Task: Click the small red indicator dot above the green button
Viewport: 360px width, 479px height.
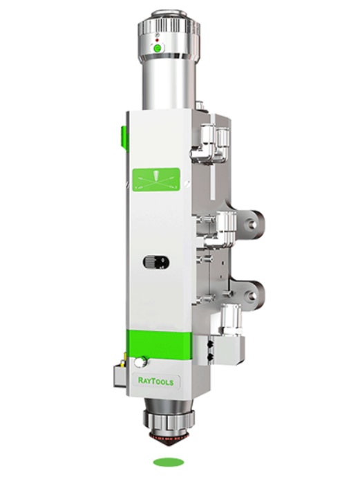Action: [x=158, y=40]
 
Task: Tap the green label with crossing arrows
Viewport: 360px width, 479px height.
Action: [x=156, y=180]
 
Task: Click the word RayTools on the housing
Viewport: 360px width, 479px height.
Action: [x=155, y=382]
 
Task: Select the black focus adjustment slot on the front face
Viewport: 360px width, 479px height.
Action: [x=155, y=262]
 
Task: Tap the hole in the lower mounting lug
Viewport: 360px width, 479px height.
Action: [x=252, y=295]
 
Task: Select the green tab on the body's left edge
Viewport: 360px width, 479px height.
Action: [x=124, y=139]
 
